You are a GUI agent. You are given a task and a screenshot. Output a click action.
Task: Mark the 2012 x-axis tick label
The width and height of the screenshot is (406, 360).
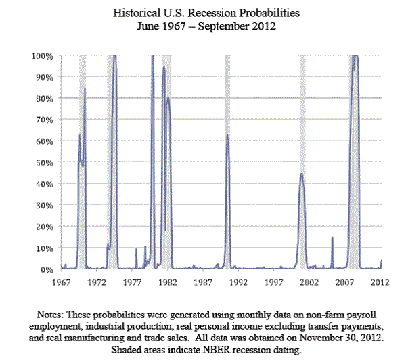click(x=380, y=281)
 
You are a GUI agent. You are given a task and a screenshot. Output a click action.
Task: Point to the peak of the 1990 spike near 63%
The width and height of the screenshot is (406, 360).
click(x=227, y=135)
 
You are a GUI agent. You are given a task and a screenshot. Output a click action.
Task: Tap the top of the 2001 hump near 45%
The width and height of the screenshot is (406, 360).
click(x=302, y=174)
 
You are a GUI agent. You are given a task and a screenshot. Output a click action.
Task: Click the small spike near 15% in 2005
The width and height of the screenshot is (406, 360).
click(x=332, y=238)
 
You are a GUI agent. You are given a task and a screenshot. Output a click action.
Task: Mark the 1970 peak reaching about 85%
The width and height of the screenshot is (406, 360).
click(x=85, y=88)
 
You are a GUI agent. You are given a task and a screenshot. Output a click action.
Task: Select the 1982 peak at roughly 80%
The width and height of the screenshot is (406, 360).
click(x=168, y=98)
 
